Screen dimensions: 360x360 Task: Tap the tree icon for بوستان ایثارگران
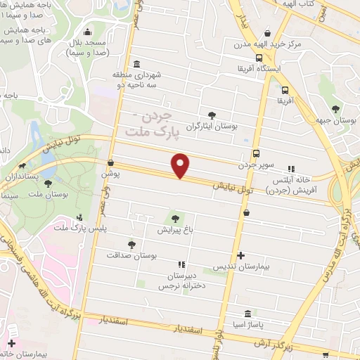[x=212, y=115]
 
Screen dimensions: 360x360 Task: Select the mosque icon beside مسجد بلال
[x=88, y=32]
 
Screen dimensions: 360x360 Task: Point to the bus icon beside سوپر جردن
[x=255, y=154]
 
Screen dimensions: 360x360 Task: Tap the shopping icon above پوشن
[x=110, y=162]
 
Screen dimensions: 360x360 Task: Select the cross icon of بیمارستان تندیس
[x=242, y=255]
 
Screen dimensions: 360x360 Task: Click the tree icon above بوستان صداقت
[x=131, y=244]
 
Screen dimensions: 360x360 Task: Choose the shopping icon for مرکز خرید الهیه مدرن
[x=266, y=33]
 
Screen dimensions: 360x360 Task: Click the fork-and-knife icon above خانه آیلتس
[x=290, y=169]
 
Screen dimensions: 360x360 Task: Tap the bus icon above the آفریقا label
[x=285, y=90]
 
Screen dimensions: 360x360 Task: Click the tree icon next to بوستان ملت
[x=48, y=184]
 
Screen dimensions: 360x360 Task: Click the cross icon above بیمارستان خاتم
[x=10, y=344]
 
